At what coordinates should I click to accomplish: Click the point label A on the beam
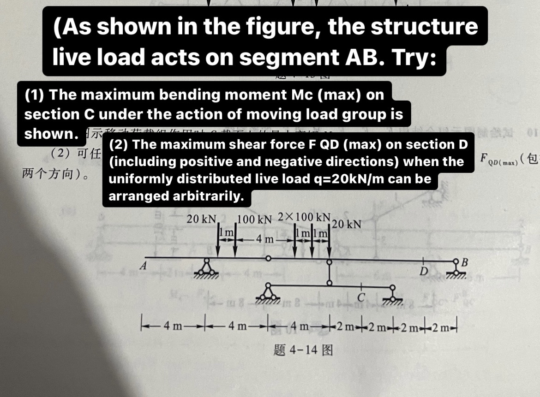pyautogui.click(x=144, y=266)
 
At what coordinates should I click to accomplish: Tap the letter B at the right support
pyautogui.click(x=464, y=263)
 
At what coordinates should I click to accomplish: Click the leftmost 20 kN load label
pyautogui.click(x=202, y=219)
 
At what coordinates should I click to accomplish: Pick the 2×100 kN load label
pyautogui.click(x=305, y=217)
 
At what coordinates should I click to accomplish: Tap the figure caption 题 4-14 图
pyautogui.click(x=303, y=350)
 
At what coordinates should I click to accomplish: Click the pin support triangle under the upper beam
pyautogui.click(x=206, y=267)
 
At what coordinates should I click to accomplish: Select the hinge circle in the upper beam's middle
pyautogui.click(x=268, y=259)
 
